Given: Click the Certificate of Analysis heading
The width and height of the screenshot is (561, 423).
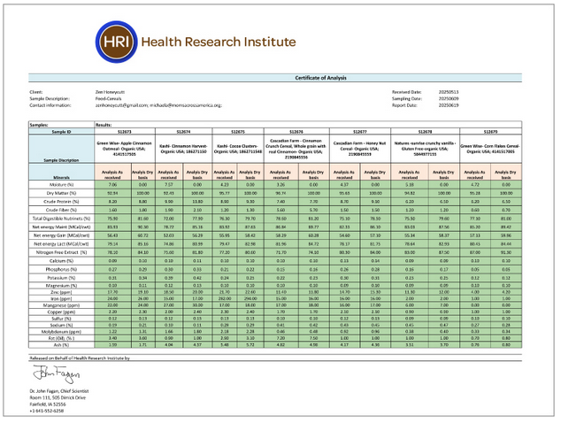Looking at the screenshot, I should [280, 81].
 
